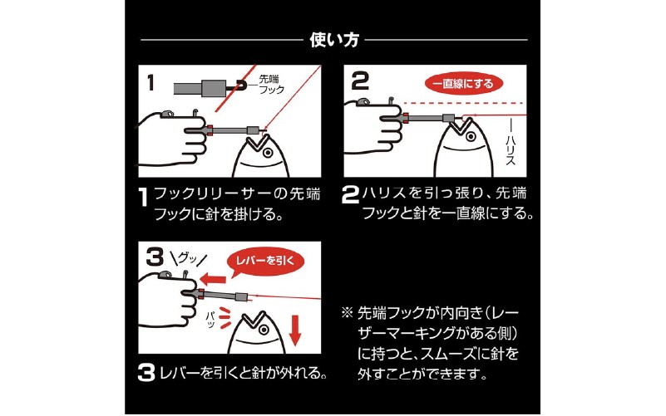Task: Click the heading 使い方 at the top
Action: (333, 39)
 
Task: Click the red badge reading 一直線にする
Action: (461, 83)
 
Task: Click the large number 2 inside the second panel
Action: (360, 81)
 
